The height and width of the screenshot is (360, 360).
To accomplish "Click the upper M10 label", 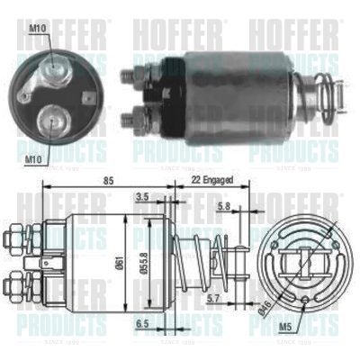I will [x=37, y=29].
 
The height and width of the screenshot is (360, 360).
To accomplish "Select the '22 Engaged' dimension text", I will [x=213, y=181].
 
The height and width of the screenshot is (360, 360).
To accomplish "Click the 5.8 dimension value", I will [x=224, y=208].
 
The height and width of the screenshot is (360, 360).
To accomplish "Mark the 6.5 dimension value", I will [x=143, y=322].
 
